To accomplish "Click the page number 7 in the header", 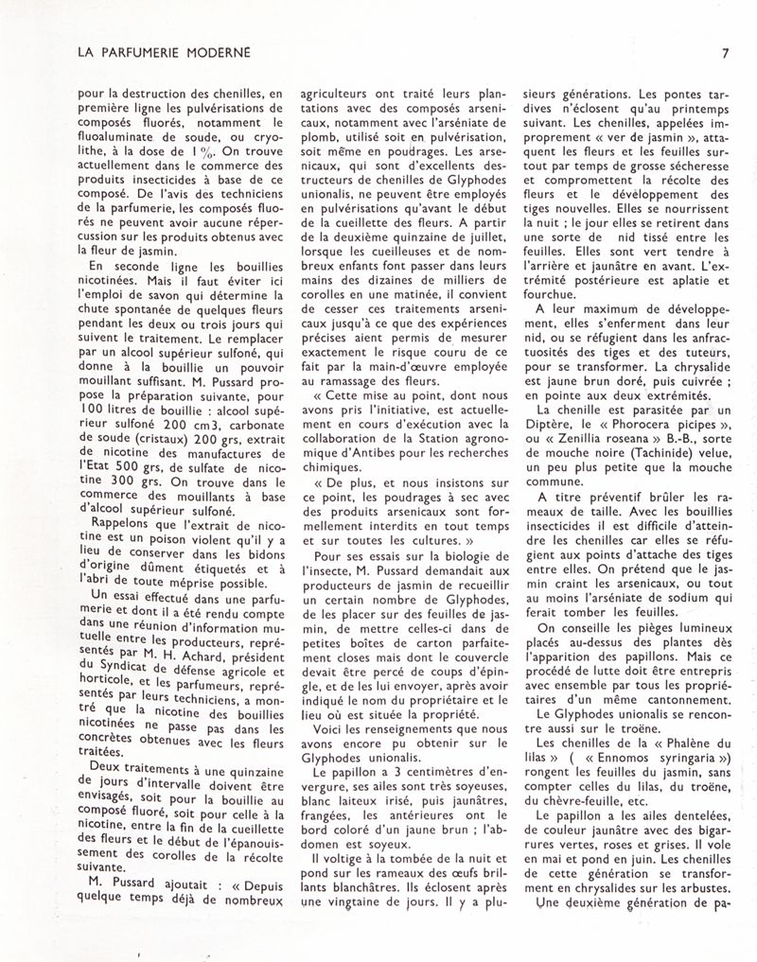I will tap(723, 53).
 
